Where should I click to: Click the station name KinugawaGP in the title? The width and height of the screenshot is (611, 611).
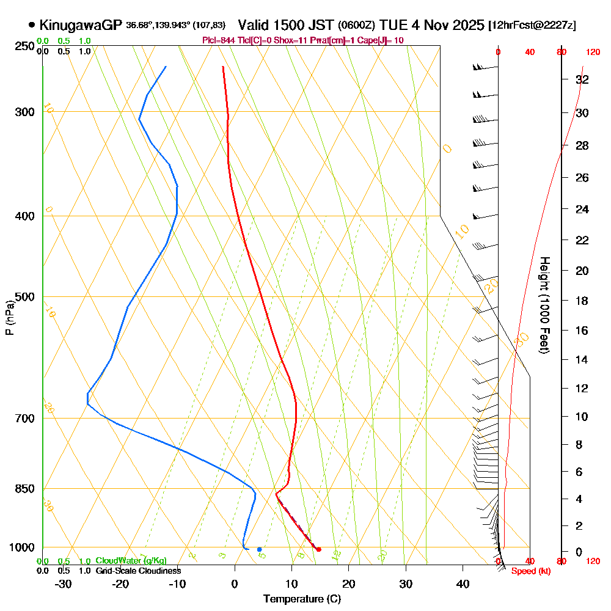pyautogui.click(x=81, y=25)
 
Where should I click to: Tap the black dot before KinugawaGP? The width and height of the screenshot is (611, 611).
pyautogui.click(x=31, y=25)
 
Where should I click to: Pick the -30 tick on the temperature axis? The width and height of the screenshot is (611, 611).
pyautogui.click(x=63, y=584)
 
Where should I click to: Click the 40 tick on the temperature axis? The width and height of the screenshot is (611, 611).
pyautogui.click(x=463, y=584)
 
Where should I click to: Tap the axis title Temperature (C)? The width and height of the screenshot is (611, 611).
pyautogui.click(x=302, y=599)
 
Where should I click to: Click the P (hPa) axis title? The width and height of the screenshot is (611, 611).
pyautogui.click(x=9, y=318)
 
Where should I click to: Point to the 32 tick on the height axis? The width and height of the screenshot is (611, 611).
pyautogui.click(x=582, y=79)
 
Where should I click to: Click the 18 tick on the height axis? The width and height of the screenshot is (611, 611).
pyautogui.click(x=582, y=301)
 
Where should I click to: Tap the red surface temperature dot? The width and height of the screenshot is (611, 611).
pyautogui.click(x=318, y=549)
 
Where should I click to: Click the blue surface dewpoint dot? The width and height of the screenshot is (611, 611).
pyautogui.click(x=260, y=549)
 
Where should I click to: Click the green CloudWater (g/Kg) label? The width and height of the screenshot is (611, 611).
pyautogui.click(x=131, y=561)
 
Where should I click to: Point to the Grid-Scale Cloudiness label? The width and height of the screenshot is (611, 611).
pyautogui.click(x=138, y=571)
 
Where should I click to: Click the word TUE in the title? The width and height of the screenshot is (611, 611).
pyautogui.click(x=393, y=25)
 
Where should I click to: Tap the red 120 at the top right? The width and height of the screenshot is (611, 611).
pyautogui.click(x=593, y=53)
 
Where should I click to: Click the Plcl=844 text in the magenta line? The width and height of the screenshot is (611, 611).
pyautogui.click(x=219, y=40)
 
